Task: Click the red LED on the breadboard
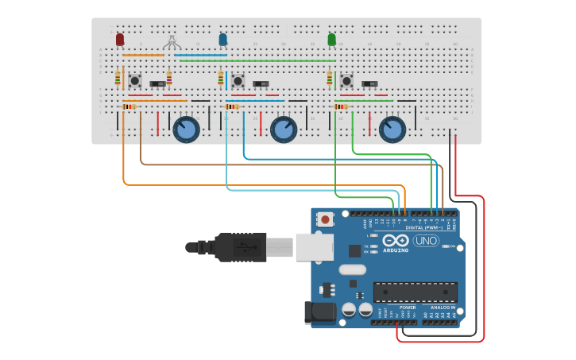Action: (120, 39)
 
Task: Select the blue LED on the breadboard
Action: (223, 39)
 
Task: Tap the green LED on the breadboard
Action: (332, 39)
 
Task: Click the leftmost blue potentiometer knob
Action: (186, 130)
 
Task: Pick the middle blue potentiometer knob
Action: (284, 130)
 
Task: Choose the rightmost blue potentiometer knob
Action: (392, 130)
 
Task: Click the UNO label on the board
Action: (426, 241)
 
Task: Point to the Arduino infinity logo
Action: (396, 241)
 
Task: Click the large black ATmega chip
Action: (415, 292)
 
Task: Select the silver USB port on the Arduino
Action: (314, 247)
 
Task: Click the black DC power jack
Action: (321, 312)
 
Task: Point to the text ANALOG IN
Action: (443, 307)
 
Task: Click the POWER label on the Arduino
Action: (407, 307)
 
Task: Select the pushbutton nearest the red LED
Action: (135, 80)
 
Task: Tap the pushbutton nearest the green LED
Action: (347, 80)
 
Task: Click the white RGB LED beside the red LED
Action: (172, 41)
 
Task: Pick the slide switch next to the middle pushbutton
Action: (261, 83)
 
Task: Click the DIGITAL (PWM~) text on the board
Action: (424, 227)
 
